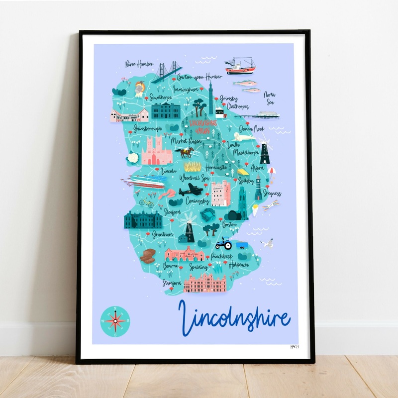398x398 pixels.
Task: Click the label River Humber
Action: point(139,64)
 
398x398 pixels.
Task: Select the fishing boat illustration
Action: point(240,66)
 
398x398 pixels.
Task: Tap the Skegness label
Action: point(272,193)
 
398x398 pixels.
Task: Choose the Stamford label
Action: point(171,283)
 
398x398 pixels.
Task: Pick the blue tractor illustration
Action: point(223,244)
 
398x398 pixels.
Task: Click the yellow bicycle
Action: point(146,202)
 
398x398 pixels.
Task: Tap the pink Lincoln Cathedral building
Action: point(157,151)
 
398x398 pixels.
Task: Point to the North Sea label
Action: point(270,98)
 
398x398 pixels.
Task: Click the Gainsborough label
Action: point(147,128)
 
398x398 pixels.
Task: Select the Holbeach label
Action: point(238,265)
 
